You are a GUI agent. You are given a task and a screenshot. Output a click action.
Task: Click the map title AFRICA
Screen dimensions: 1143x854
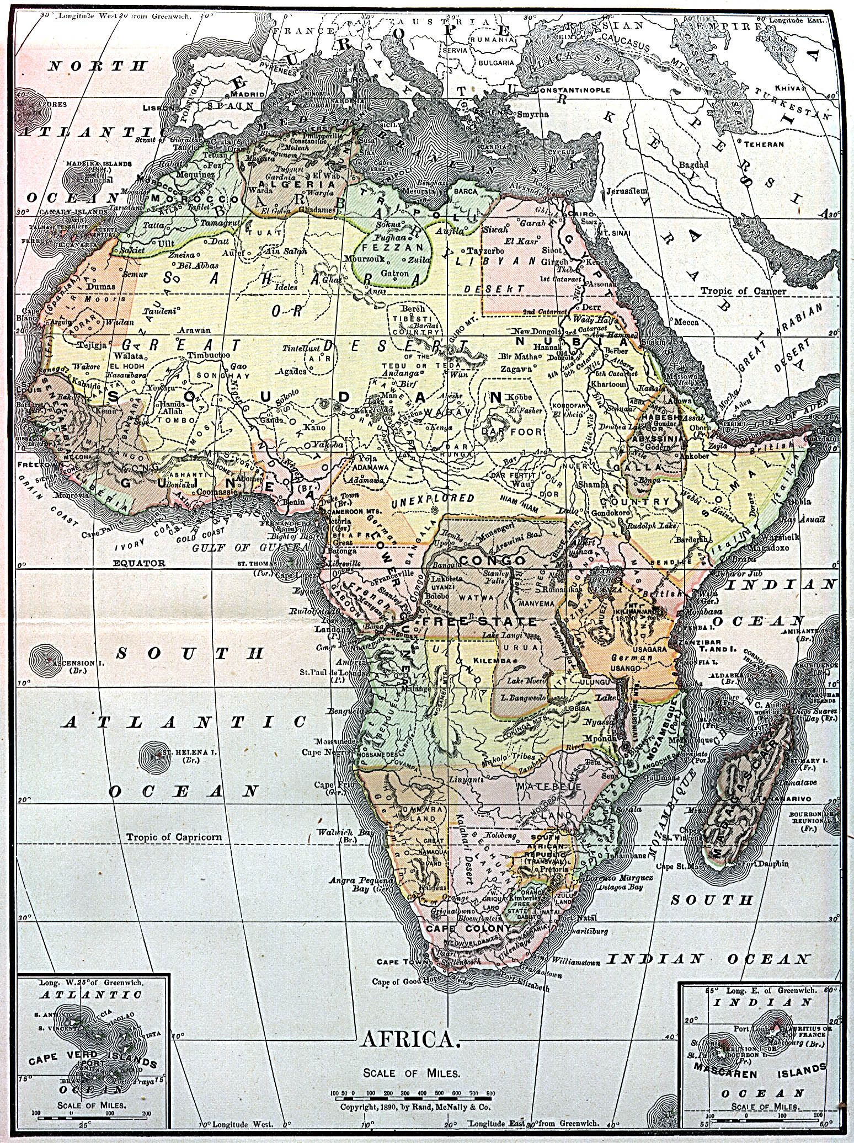(x=409, y=1040)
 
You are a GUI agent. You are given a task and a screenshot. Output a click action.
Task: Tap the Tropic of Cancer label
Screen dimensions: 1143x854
(x=743, y=290)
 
